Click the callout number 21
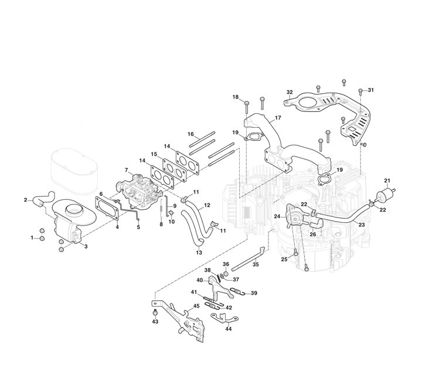pos(386,179)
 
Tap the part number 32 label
pos(290,92)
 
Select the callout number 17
pos(278,118)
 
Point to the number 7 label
pos(126,170)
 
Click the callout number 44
pos(228,329)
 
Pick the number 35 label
pos(255,265)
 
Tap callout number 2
pos(26,200)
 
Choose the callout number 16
pos(190,134)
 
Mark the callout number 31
pos(370,90)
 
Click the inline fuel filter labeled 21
pos(385,193)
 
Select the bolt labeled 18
pos(247,107)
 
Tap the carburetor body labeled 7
pos(141,189)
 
